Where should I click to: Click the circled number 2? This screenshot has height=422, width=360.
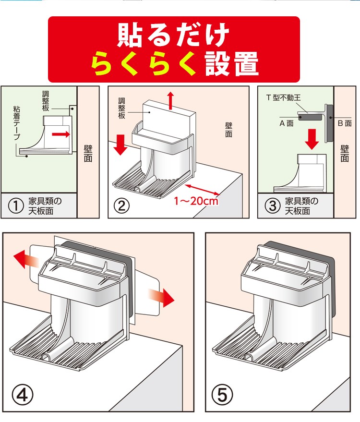pos(121,206)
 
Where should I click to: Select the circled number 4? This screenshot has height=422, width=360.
pos(24,395)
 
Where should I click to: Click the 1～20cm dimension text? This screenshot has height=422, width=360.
pos(196,201)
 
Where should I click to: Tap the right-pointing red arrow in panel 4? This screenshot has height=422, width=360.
pos(161,296)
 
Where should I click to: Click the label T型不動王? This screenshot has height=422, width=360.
pos(283,97)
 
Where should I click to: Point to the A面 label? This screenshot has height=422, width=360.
pos(287,123)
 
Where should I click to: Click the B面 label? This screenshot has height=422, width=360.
pos(345,123)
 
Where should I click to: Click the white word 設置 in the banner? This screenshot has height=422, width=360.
pos(232,64)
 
